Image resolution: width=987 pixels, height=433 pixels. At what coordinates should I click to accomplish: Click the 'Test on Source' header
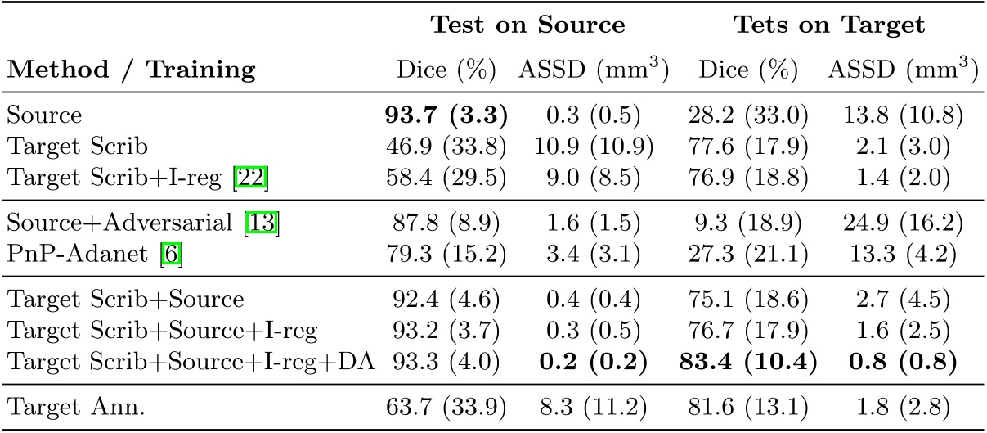tap(527, 25)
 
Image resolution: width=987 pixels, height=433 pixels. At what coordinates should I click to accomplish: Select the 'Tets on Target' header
tap(828, 25)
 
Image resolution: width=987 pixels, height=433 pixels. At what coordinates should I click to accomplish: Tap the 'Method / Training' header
tap(132, 70)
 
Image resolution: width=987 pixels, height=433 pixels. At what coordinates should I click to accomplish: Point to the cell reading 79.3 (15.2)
tap(446, 253)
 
